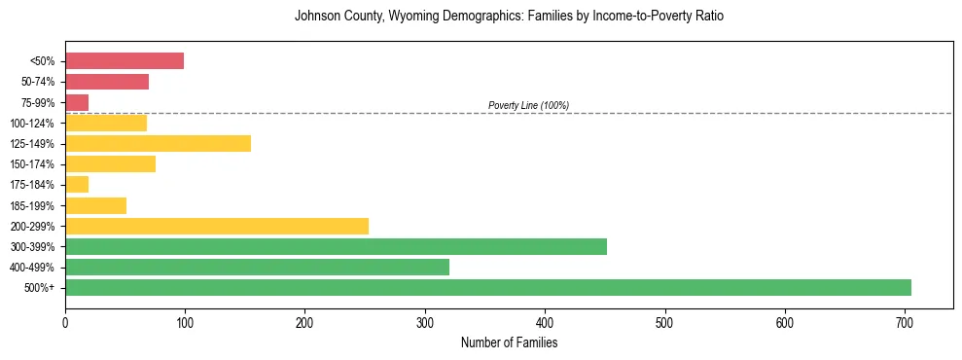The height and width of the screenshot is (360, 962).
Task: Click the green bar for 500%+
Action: (x=487, y=287)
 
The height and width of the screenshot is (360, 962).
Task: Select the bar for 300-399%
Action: (x=336, y=246)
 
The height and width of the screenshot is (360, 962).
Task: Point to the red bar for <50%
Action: (x=125, y=61)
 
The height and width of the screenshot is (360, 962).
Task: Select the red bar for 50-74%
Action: (x=107, y=82)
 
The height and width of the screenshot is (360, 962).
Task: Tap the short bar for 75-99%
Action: (x=77, y=102)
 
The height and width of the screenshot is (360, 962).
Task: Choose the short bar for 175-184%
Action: (x=77, y=185)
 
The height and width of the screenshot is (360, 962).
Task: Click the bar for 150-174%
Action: (x=110, y=163)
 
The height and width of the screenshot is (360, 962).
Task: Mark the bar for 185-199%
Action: (x=95, y=205)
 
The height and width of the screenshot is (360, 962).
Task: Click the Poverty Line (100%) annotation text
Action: (x=528, y=105)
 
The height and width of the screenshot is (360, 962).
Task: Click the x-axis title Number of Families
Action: (x=509, y=342)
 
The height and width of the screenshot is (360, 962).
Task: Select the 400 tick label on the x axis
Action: (x=545, y=322)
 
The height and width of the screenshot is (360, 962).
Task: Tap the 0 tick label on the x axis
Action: (x=65, y=322)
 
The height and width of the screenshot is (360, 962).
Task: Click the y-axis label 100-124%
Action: (x=32, y=123)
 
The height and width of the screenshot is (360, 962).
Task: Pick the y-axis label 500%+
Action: (x=40, y=287)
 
